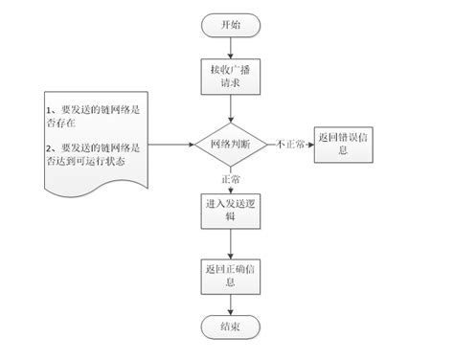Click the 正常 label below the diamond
pos(229,179)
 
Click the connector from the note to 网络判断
pos(172,146)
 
